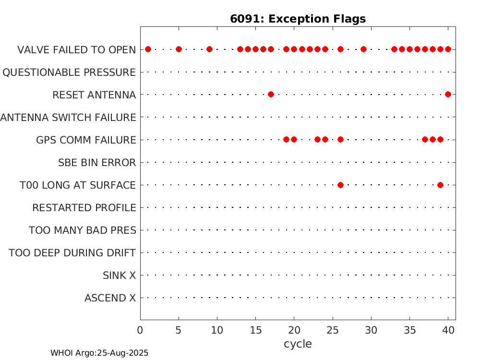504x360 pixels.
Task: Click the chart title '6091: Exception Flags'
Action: coord(298,19)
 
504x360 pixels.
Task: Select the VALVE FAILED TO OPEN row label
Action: coord(76,50)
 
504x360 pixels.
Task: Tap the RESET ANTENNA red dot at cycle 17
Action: coord(271,95)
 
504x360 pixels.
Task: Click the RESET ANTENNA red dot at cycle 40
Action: coord(448,95)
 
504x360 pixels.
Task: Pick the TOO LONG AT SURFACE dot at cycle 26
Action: coord(341,185)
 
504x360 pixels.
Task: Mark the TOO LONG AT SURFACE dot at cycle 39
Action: coord(440,185)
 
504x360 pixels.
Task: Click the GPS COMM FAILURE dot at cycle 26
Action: coord(341,140)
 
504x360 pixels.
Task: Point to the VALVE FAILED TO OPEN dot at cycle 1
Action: coord(148,49)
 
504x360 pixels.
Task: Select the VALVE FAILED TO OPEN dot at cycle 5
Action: coord(179,49)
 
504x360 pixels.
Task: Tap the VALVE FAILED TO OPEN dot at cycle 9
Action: coord(210,49)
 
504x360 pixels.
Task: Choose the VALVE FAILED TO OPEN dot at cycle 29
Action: coord(363,49)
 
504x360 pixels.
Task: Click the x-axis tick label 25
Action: coord(333,330)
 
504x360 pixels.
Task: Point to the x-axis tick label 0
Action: coord(140,330)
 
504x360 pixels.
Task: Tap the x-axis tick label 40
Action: coord(448,330)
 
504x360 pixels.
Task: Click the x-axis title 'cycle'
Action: coord(298,344)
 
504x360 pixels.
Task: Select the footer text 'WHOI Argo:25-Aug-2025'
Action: coord(99,353)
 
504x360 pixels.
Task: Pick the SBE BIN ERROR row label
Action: coord(97,163)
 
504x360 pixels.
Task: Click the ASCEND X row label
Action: coord(110,298)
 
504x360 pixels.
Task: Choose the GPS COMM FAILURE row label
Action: coord(86,140)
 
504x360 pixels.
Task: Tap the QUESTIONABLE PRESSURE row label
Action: coord(69,72)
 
